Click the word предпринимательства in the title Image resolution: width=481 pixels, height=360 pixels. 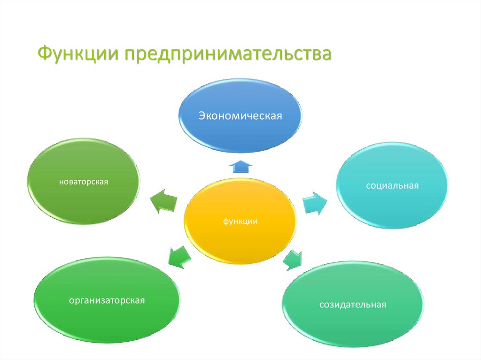227,54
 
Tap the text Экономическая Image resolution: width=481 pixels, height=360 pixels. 240,115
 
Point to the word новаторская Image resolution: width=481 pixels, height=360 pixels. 84,181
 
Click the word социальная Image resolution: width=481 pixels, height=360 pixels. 392,186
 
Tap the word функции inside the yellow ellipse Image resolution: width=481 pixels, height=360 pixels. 240,221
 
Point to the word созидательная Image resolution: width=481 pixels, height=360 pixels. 353,305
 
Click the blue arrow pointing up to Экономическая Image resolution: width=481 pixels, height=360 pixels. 240,166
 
